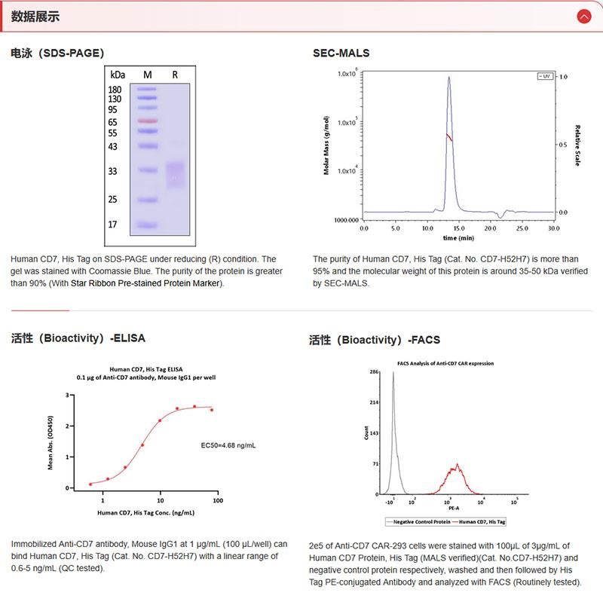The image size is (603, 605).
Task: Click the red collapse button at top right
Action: coord(583,16)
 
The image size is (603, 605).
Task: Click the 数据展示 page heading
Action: coord(35,17)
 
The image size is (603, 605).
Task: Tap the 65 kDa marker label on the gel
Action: coord(113,121)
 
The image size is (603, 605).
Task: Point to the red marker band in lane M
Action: coord(147,121)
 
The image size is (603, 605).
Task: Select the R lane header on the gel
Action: coord(175,75)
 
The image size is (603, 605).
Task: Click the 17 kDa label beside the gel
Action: coord(113,225)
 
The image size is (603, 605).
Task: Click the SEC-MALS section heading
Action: coord(341,53)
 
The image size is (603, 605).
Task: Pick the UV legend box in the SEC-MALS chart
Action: coord(543,77)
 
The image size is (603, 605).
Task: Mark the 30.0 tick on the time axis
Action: coord(553,227)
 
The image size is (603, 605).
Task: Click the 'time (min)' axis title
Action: coord(458,237)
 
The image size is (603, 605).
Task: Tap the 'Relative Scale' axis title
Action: coord(577,145)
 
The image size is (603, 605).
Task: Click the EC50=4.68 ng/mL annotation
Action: coord(228,445)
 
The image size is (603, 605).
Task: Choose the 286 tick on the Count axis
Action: coord(373,372)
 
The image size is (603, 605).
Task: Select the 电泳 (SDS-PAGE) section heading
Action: coord(57,53)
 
